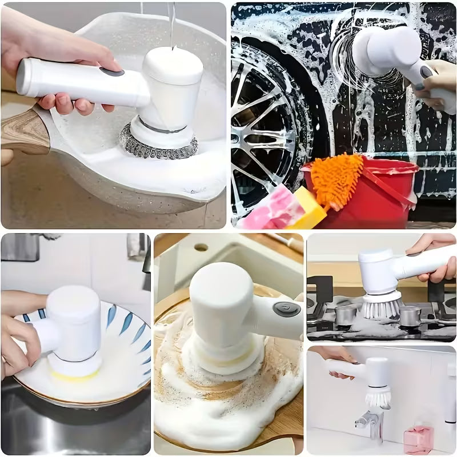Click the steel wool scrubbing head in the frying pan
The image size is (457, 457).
pos(158,143)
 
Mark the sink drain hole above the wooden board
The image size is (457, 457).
pos(201,248)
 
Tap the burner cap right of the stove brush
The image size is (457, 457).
pos(410,315)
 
